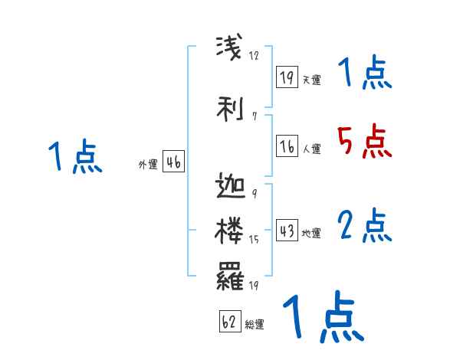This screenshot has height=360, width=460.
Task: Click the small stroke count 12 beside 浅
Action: (255, 55)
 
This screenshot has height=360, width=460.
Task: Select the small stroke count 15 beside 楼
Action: (255, 240)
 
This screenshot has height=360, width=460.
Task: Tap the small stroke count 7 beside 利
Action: (254, 116)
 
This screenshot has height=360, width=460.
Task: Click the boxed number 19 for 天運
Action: (287, 77)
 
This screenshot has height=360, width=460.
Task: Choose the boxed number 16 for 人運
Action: (287, 146)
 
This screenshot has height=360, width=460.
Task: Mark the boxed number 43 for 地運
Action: (287, 231)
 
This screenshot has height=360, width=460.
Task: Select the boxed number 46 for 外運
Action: (173, 162)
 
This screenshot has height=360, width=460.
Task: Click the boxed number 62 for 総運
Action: (228, 322)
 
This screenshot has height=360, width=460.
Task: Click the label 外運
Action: (147, 165)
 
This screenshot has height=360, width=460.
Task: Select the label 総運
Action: (255, 325)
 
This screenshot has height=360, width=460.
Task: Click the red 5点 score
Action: (364, 142)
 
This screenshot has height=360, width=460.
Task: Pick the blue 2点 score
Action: (364, 227)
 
